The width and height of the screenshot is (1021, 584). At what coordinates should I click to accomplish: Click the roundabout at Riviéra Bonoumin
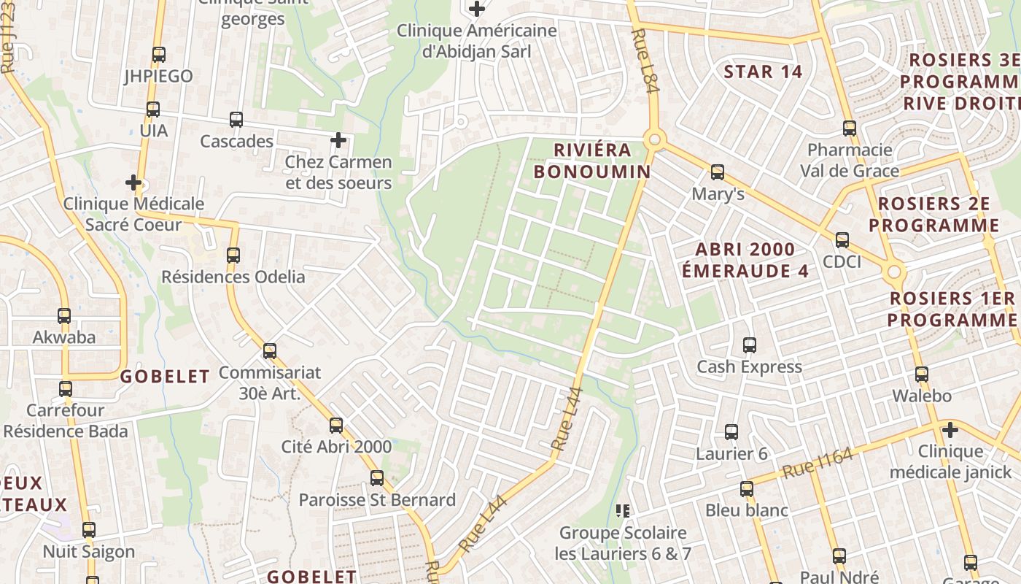tap(654, 139)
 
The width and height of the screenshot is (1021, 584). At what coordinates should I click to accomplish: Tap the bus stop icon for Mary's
tap(718, 172)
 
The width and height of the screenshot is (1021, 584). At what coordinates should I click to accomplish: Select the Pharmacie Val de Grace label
tap(850, 161)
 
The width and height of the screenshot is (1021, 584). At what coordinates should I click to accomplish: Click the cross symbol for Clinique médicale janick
tap(950, 429)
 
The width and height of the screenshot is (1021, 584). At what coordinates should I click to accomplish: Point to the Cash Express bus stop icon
tap(750, 345)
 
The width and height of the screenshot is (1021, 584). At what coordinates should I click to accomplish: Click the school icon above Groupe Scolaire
tap(623, 510)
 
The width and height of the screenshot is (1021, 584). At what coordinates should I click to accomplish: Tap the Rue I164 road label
tap(817, 464)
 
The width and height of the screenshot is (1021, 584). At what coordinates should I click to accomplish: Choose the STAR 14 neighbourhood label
tap(763, 72)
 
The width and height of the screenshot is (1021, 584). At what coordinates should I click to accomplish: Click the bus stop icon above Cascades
tap(236, 120)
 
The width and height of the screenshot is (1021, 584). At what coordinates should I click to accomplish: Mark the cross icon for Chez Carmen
tap(338, 139)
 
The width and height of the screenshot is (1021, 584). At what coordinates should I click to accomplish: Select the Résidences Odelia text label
tap(233, 277)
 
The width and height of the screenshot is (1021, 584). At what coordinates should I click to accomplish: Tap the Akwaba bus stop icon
tap(64, 316)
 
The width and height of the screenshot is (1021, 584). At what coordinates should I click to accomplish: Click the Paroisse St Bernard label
tap(377, 500)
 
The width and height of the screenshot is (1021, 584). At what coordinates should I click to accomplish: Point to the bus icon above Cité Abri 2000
tap(336, 425)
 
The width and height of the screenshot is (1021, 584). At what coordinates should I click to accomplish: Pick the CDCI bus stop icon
tap(842, 239)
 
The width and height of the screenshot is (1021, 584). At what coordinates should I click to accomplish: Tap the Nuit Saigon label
tap(89, 552)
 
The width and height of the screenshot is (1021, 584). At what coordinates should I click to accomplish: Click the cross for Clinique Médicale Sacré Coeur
tap(133, 182)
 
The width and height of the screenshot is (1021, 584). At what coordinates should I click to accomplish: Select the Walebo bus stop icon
tap(922, 374)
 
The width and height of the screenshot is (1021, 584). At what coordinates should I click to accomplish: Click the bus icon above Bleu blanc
tap(747, 488)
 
